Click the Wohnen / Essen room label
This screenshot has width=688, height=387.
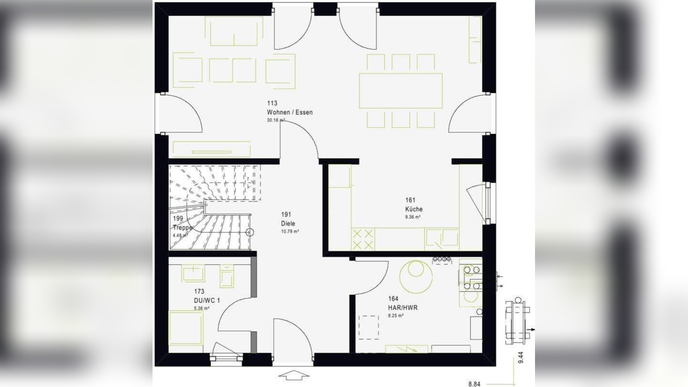[x=290, y=112]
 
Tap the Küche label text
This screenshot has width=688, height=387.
[x=414, y=209]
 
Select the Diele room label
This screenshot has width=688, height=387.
[x=288, y=223]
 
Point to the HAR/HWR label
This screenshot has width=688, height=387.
[x=403, y=308]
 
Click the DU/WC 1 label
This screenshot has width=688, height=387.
[x=207, y=300]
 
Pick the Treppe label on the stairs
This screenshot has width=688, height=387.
[x=182, y=228]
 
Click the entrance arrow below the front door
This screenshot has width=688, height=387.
[x=294, y=376]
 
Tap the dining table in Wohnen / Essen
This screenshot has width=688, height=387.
[x=401, y=90]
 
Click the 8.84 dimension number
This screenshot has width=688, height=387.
[x=474, y=384]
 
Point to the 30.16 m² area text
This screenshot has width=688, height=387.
[x=275, y=121]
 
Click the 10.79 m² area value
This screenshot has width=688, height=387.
[x=290, y=232]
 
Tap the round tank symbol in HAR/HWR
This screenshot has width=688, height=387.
[x=416, y=276]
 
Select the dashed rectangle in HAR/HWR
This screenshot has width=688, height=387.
[x=369, y=327]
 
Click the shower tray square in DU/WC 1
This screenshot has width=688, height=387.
[x=186, y=328]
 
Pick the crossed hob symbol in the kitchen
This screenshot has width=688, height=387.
[x=363, y=239]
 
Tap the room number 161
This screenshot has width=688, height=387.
[x=410, y=200]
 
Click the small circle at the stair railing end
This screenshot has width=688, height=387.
[x=249, y=232]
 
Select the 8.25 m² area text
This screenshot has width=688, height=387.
[x=395, y=316]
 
